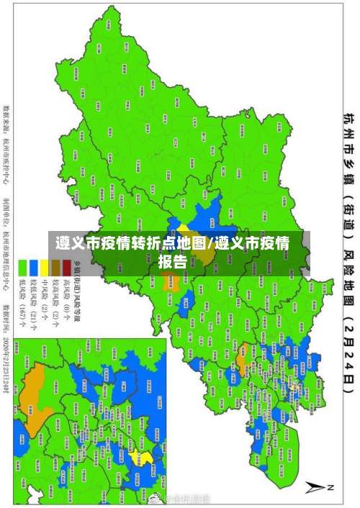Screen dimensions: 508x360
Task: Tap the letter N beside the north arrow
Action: pyautogui.click(x=332, y=487)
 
